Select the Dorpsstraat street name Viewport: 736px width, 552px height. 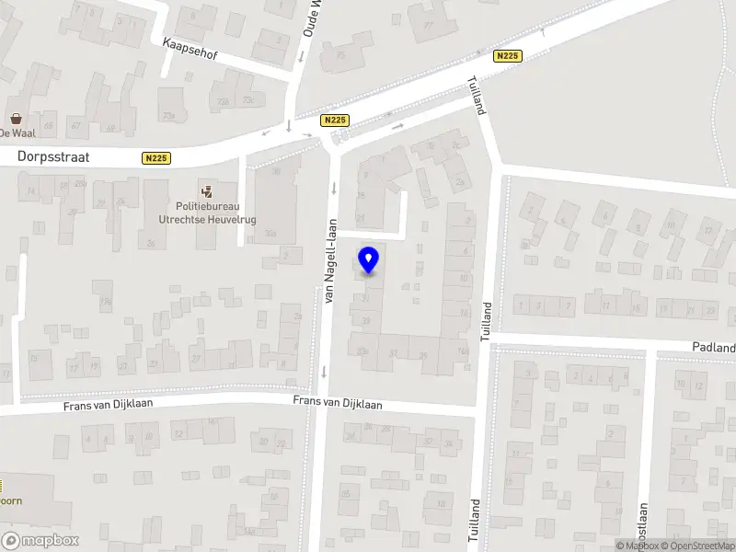pyautogui.click(x=53, y=157)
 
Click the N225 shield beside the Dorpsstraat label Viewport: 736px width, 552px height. pyautogui.click(x=156, y=158)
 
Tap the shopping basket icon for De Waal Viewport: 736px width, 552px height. pyautogui.click(x=17, y=118)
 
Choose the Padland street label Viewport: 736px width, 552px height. pyautogui.click(x=714, y=348)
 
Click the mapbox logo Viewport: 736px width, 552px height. pyautogui.click(x=40, y=541)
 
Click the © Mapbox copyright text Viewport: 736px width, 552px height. pyautogui.click(x=637, y=546)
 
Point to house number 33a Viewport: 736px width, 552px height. pyautogui.click(x=362, y=350)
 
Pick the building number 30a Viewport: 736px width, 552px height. pyautogui.click(x=270, y=235)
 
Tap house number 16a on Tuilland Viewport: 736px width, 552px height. pyautogui.click(x=463, y=350)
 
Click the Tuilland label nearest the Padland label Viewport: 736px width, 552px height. pyautogui.click(x=487, y=322)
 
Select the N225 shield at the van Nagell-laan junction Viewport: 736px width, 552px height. pyautogui.click(x=334, y=120)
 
